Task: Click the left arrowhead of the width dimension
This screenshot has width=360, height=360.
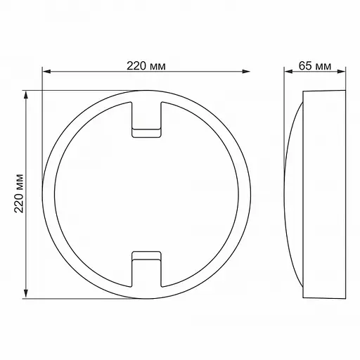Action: (46, 71)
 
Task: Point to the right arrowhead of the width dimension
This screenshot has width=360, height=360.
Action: (247, 71)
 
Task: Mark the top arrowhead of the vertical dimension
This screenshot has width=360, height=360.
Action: (27, 94)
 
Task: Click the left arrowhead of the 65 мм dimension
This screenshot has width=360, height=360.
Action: (287, 71)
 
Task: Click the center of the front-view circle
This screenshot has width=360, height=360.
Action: (146, 193)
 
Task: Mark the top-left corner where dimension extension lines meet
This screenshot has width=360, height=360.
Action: (42, 91)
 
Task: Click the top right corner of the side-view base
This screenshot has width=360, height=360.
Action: (347, 91)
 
